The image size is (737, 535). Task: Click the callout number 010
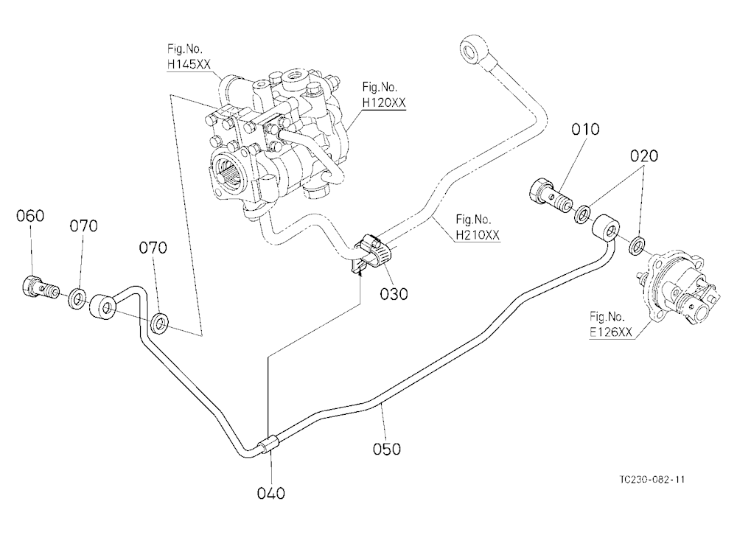(x=585, y=129)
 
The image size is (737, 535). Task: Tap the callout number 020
(x=644, y=155)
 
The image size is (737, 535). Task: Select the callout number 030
(x=394, y=294)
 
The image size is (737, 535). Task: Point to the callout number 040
(x=271, y=493)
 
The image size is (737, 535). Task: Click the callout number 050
(x=387, y=449)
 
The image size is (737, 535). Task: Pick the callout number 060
(x=30, y=216)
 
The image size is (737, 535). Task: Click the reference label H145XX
(x=189, y=64)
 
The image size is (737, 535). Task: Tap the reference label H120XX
(x=383, y=102)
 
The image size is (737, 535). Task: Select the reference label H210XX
(x=478, y=234)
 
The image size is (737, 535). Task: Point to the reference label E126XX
(x=611, y=332)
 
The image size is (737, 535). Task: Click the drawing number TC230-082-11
(x=652, y=480)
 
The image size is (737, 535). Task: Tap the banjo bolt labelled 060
(x=40, y=287)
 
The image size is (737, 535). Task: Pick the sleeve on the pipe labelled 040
(x=270, y=445)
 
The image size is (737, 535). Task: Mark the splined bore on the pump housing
(x=230, y=171)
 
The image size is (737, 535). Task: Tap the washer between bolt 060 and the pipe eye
(x=77, y=299)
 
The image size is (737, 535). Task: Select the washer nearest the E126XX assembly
(x=637, y=246)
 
